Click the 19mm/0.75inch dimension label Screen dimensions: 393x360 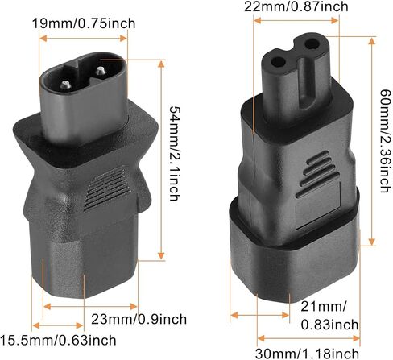pos(84,23)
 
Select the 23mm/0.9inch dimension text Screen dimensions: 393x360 pos(139,319)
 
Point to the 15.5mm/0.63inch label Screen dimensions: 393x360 pos(58,341)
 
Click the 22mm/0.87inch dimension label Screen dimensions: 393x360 pos(296,6)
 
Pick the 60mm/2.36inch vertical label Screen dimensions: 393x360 pos(385,141)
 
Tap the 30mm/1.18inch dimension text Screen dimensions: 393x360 pos(307,354)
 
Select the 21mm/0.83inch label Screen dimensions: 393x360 pos(329,316)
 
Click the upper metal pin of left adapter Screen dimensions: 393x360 pos(101,71)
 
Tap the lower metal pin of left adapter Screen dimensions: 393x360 pos(65,85)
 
